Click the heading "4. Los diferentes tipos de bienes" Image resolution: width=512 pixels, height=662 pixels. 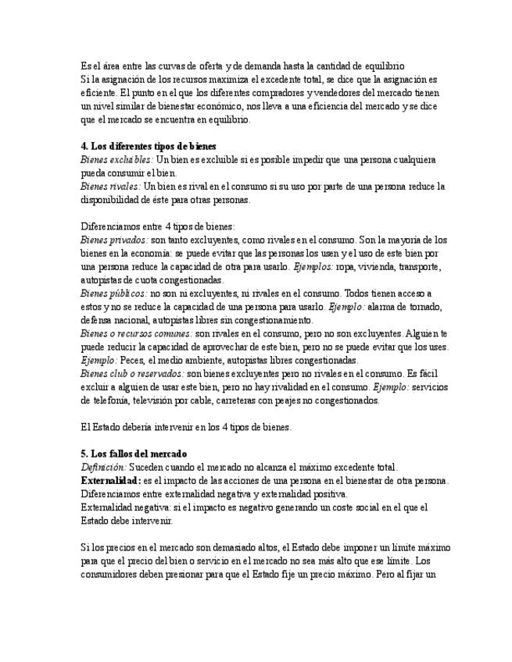click(x=149, y=146)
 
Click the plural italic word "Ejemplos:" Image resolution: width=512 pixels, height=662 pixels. click(x=313, y=267)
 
